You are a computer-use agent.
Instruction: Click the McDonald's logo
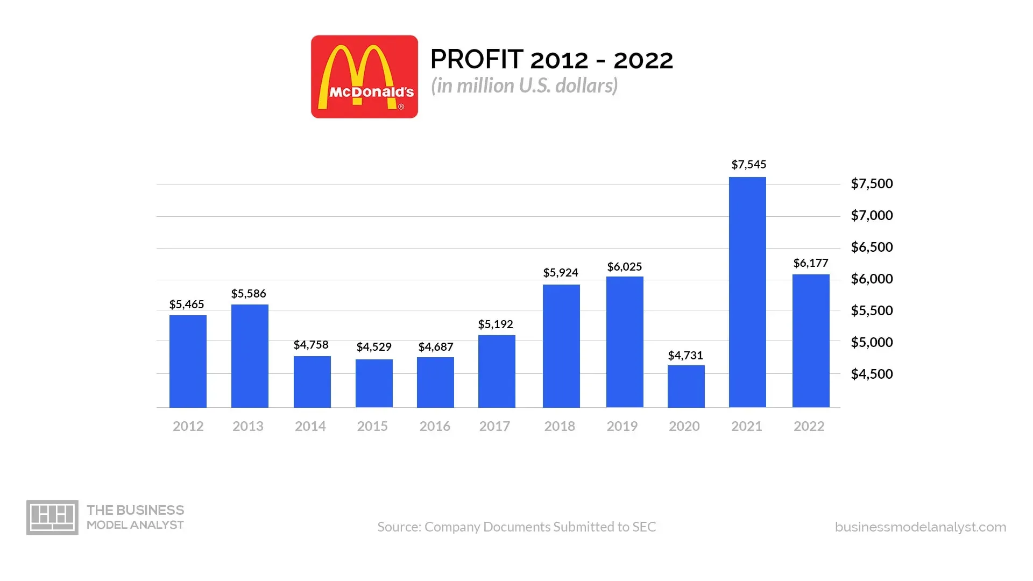point(364,77)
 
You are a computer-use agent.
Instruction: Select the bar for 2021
point(747,292)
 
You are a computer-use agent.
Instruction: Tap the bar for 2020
point(686,386)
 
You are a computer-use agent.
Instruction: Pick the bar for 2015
point(374,383)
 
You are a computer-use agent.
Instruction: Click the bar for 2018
point(561,346)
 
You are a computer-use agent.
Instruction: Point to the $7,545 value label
point(748,165)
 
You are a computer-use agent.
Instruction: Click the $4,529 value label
point(374,347)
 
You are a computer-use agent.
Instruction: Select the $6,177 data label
point(811,263)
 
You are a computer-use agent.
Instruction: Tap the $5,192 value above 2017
point(496,324)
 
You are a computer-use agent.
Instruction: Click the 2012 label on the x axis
point(188,427)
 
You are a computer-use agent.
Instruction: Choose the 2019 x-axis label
point(622,427)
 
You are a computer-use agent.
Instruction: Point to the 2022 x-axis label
point(809,427)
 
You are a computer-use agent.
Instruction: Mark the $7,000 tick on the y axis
point(872,216)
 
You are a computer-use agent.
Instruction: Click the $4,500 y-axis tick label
point(872,374)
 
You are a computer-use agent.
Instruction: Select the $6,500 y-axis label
point(872,247)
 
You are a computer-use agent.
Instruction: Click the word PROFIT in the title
point(477,60)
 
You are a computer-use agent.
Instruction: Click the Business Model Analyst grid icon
point(52,518)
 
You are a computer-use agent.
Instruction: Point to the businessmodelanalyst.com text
point(920,527)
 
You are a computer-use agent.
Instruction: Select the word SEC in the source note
point(644,527)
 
